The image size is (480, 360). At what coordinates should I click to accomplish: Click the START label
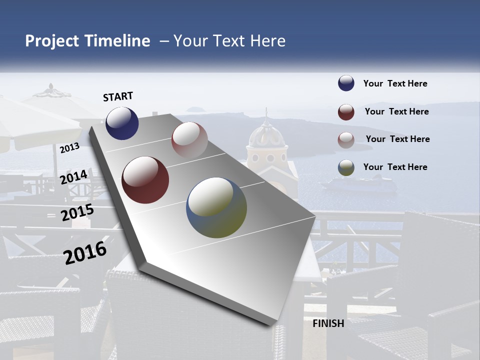coord(118,96)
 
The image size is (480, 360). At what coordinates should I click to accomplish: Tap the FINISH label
coord(328,323)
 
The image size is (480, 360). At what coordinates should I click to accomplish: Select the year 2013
coord(69,148)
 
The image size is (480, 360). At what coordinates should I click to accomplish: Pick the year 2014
coord(73,177)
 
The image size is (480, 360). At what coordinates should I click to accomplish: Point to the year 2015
coord(77,212)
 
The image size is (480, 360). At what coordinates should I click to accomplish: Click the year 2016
coord(85,252)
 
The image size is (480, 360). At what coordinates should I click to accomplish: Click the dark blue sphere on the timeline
coord(122,123)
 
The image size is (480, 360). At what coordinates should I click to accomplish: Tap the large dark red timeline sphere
coord(145,180)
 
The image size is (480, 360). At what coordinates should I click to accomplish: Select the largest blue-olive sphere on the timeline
coord(216,207)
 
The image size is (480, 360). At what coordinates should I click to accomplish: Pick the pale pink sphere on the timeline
coord(189,140)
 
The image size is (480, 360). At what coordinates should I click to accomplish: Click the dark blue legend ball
coord(346,83)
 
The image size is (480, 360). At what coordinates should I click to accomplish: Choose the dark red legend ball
coord(346,112)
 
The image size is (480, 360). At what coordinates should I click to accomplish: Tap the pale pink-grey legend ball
coord(346,140)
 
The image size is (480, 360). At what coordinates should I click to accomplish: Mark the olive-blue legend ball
coord(346,168)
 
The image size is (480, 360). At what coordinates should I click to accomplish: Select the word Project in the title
coord(51,41)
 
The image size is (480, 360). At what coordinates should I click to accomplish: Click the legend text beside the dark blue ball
coord(395,83)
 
